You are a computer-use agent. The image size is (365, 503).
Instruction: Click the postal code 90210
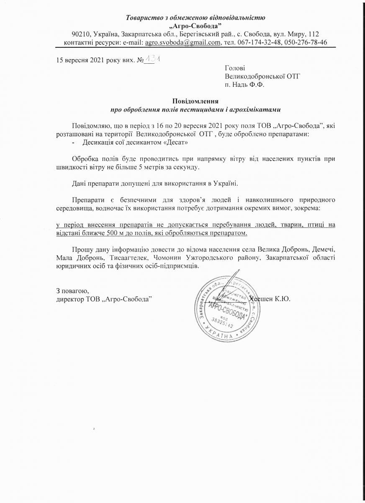pos(80,34)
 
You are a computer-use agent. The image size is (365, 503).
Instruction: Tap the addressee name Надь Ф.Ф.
pos(250,84)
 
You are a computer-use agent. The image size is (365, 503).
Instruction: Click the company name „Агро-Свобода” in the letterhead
pos(196,26)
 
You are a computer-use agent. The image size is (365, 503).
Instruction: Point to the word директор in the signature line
pos(70,299)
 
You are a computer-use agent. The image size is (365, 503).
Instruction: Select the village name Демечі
pos(324,249)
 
